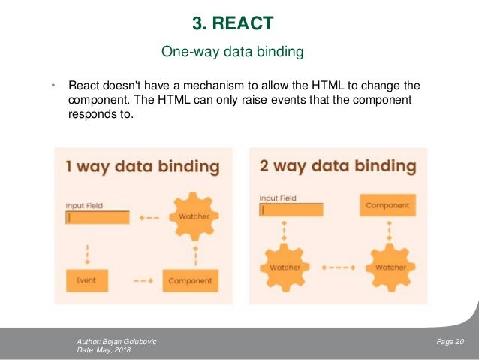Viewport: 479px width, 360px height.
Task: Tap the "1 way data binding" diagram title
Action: tap(142, 166)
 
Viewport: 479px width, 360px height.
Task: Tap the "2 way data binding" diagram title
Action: tap(337, 166)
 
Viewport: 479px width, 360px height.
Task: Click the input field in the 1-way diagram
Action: tap(98, 217)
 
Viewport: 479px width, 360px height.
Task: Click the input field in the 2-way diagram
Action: tap(291, 210)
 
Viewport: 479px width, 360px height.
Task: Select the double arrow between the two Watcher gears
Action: tap(338, 267)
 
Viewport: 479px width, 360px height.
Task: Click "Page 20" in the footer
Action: tap(450, 342)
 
